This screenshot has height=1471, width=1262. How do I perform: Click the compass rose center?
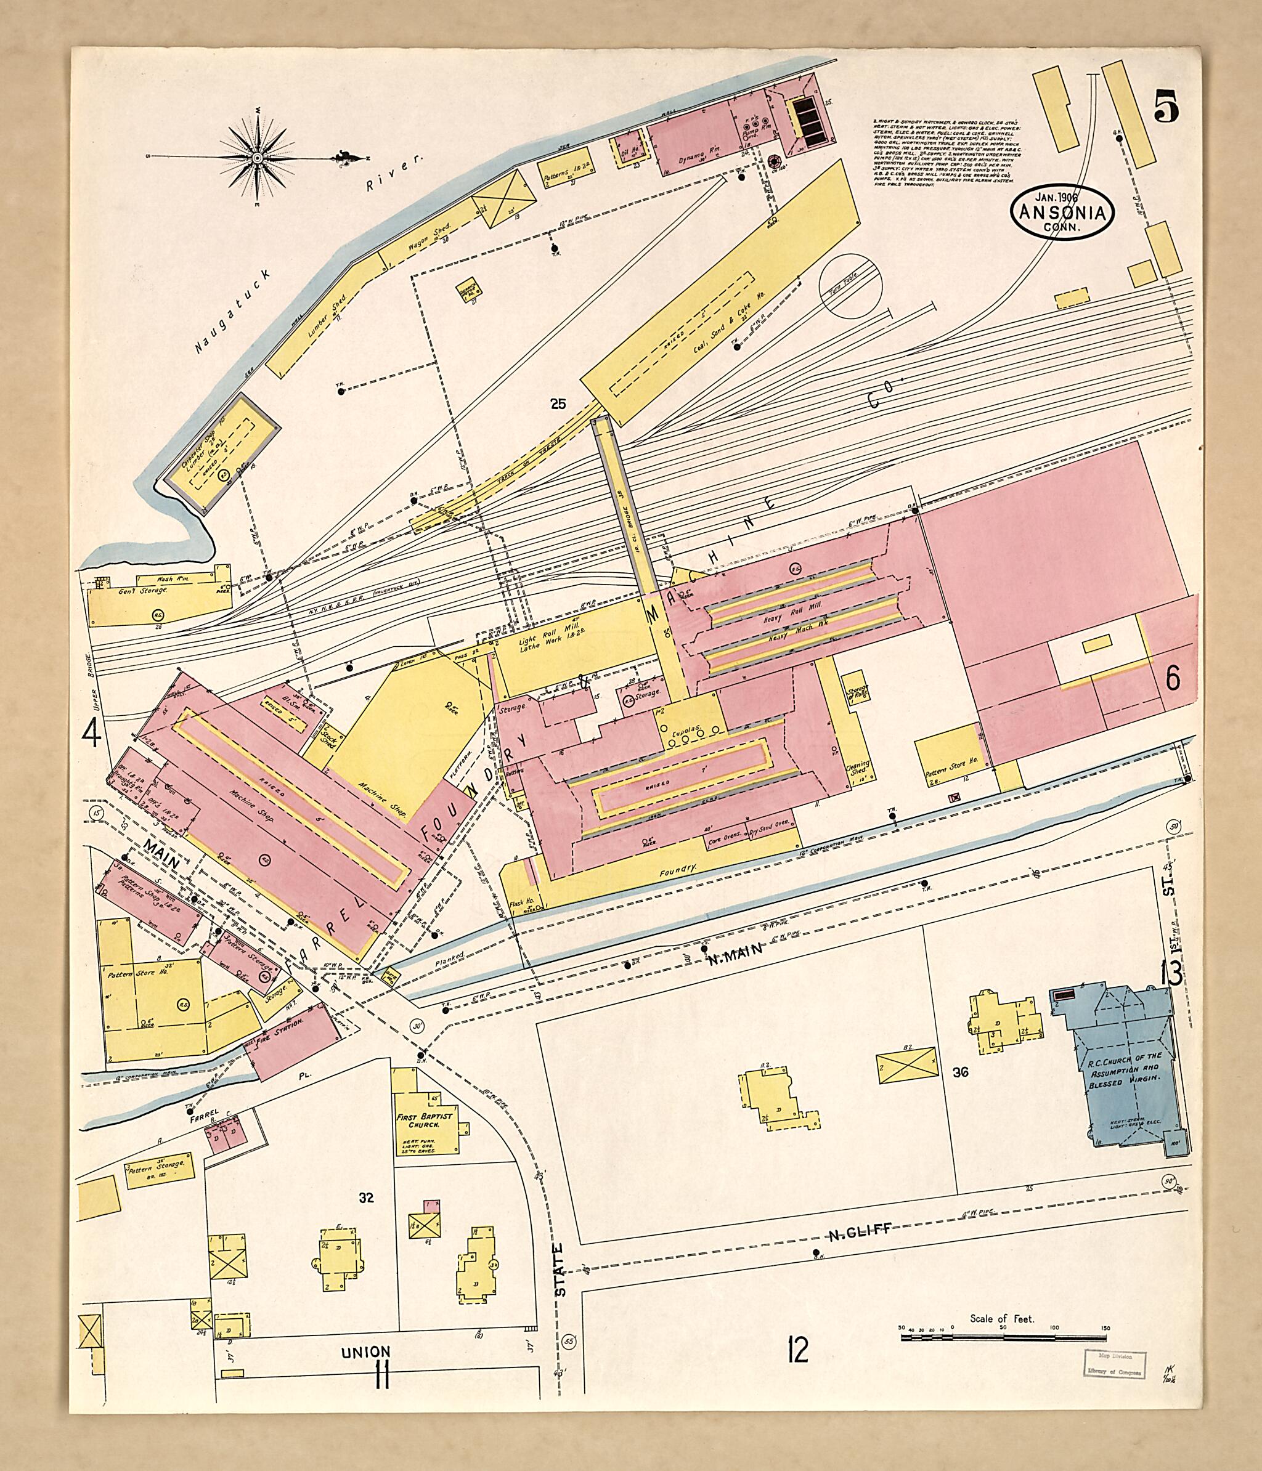[x=256, y=155]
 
